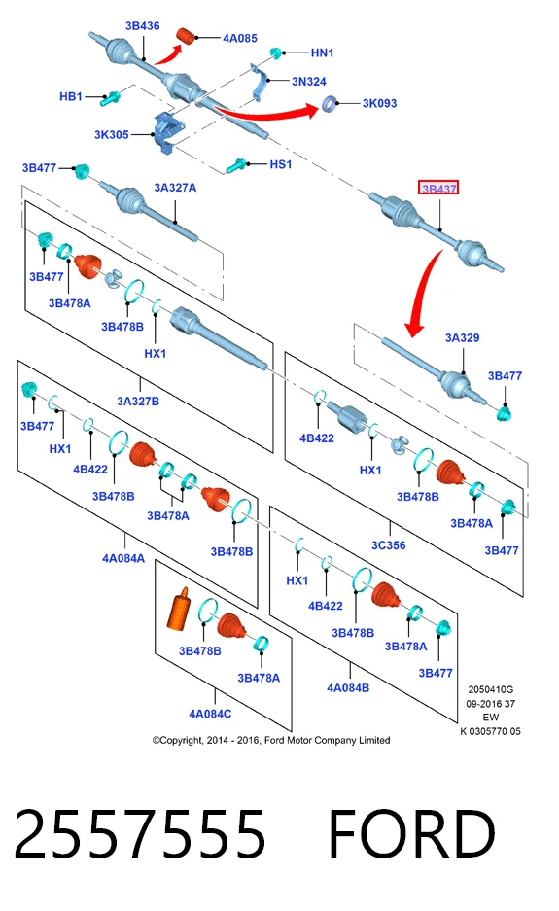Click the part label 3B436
click(142, 26)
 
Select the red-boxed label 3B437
click(438, 188)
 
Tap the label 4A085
click(239, 38)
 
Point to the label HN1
click(322, 53)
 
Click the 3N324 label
click(308, 82)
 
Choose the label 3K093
click(379, 103)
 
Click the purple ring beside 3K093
click(330, 104)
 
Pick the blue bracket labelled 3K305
click(167, 133)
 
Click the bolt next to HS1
click(236, 165)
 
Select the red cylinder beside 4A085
click(186, 35)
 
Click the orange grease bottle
click(178, 609)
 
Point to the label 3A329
click(462, 338)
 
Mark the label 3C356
click(388, 545)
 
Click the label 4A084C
click(210, 714)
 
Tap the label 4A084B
click(348, 688)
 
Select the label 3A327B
click(138, 401)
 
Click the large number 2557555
click(139, 834)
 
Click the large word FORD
click(411, 834)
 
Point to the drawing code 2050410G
click(490, 689)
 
